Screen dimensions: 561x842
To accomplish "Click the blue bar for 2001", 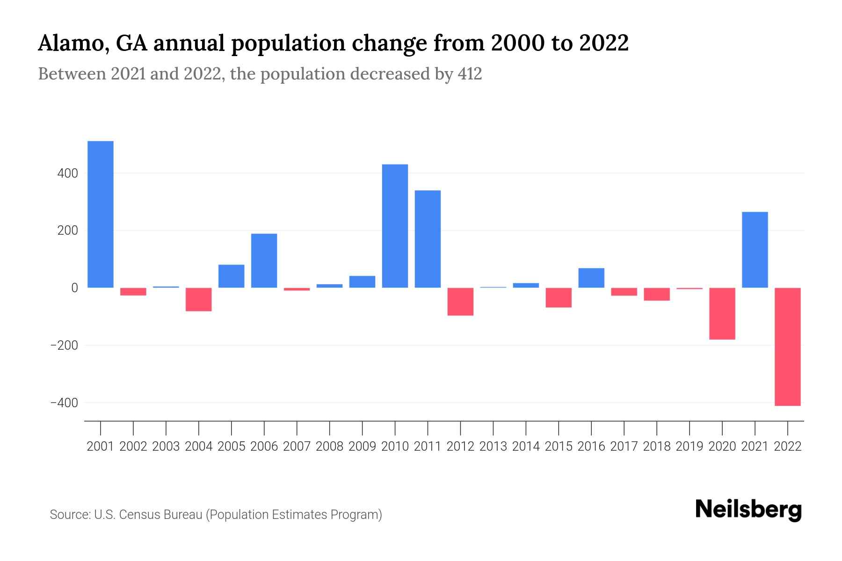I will click(101, 214).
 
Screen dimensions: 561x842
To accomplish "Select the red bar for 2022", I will click(788, 346).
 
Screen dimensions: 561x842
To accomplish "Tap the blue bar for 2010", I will click(395, 226).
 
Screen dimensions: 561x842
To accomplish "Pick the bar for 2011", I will click(428, 239).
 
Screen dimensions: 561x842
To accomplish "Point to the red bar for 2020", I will click(722, 313).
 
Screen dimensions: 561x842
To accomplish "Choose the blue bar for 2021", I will click(755, 250).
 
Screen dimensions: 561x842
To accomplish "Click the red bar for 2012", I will click(460, 302).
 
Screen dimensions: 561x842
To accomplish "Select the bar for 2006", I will click(264, 260).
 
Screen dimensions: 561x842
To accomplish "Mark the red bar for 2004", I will click(199, 299).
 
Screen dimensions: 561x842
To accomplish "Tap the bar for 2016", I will click(591, 278).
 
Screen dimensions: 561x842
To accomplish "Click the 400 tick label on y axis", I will click(68, 173).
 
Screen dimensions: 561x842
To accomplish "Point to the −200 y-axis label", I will click(64, 345).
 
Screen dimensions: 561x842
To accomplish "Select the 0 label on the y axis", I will click(74, 288).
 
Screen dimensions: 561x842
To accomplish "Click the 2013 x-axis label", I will click(493, 446).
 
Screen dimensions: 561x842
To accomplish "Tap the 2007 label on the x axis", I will click(297, 446).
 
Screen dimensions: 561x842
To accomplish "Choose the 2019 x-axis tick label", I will click(690, 446).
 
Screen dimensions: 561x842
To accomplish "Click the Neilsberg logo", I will click(748, 510).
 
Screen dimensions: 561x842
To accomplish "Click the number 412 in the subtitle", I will click(470, 74).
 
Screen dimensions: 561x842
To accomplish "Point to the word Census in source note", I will click(139, 515).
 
